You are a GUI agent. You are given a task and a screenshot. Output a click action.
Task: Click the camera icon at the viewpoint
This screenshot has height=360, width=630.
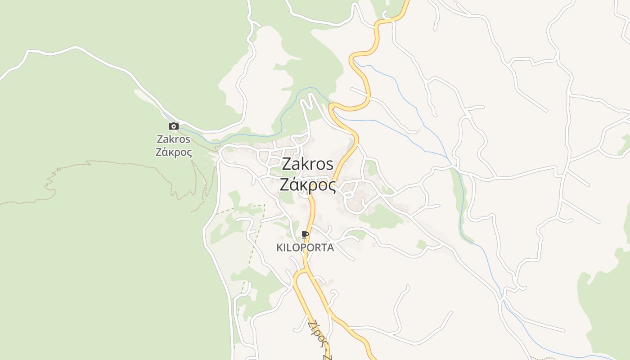click(x=173, y=126)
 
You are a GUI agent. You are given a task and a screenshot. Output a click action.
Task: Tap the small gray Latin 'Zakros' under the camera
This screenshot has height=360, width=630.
click(x=173, y=139)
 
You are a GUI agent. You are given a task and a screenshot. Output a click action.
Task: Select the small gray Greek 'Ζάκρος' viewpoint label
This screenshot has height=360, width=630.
click(x=174, y=152)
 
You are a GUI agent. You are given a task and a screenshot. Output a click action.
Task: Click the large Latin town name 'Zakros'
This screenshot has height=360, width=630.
click(x=308, y=164)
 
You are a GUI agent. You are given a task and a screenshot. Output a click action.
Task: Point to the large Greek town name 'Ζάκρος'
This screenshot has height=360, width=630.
click(x=308, y=184)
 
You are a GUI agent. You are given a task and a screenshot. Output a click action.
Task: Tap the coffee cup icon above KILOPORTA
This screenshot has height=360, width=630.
click(x=305, y=234)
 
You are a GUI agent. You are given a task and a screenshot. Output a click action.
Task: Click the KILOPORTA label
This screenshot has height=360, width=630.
click(x=305, y=247)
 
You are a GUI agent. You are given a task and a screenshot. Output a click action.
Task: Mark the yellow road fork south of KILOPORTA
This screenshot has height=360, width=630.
click(x=301, y=271)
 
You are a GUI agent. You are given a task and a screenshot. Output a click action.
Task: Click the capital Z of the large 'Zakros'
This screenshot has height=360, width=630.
click(x=287, y=164)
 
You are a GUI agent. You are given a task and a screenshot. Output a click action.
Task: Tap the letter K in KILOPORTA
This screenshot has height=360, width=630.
click(x=279, y=247)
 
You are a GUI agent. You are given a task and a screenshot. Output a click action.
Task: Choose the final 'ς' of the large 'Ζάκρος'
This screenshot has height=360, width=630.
click(x=331, y=185)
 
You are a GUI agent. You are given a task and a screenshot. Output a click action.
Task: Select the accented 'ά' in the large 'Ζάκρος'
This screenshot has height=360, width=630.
click(x=294, y=184)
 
